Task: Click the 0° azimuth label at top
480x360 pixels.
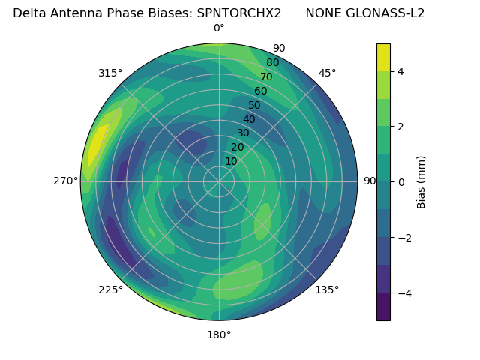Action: pos(219,28)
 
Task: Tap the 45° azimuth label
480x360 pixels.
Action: pos(327,73)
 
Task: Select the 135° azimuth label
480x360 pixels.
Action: pos(327,289)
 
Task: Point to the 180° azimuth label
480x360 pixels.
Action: pos(219,334)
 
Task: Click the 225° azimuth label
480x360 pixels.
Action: pos(110,289)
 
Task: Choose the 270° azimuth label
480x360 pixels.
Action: pos(65,181)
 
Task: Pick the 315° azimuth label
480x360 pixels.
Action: pos(110,73)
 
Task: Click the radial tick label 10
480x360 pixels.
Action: pos(231,161)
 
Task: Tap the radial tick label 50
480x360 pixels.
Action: pos(254,105)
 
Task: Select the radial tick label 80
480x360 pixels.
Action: pos(272,62)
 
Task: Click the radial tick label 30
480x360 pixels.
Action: pos(243,133)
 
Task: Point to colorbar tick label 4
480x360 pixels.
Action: pos(400,71)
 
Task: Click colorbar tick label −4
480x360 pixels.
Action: pos(403,293)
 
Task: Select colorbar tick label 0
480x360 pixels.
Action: pos(400,182)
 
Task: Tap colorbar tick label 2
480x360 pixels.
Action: pos(400,127)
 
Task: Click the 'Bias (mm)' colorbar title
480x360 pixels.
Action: pos(421,182)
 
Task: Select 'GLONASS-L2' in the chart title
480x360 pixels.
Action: pos(390,13)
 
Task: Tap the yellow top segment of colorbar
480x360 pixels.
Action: pos(383,57)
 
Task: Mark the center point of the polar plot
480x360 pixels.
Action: pos(219,181)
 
